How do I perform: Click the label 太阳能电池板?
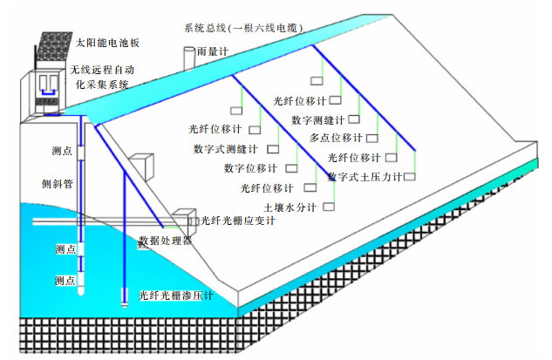pyautogui.click(x=108, y=42)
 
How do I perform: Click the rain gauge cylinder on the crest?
pyautogui.click(x=188, y=57)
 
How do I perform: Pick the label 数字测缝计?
pyautogui.click(x=318, y=119)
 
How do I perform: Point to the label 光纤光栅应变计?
pyautogui.click(x=238, y=221)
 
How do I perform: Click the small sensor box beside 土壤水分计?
pyautogui.click(x=330, y=207)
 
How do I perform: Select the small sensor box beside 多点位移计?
pyautogui.click(x=372, y=138)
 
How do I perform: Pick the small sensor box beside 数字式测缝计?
pyautogui.click(x=272, y=148)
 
